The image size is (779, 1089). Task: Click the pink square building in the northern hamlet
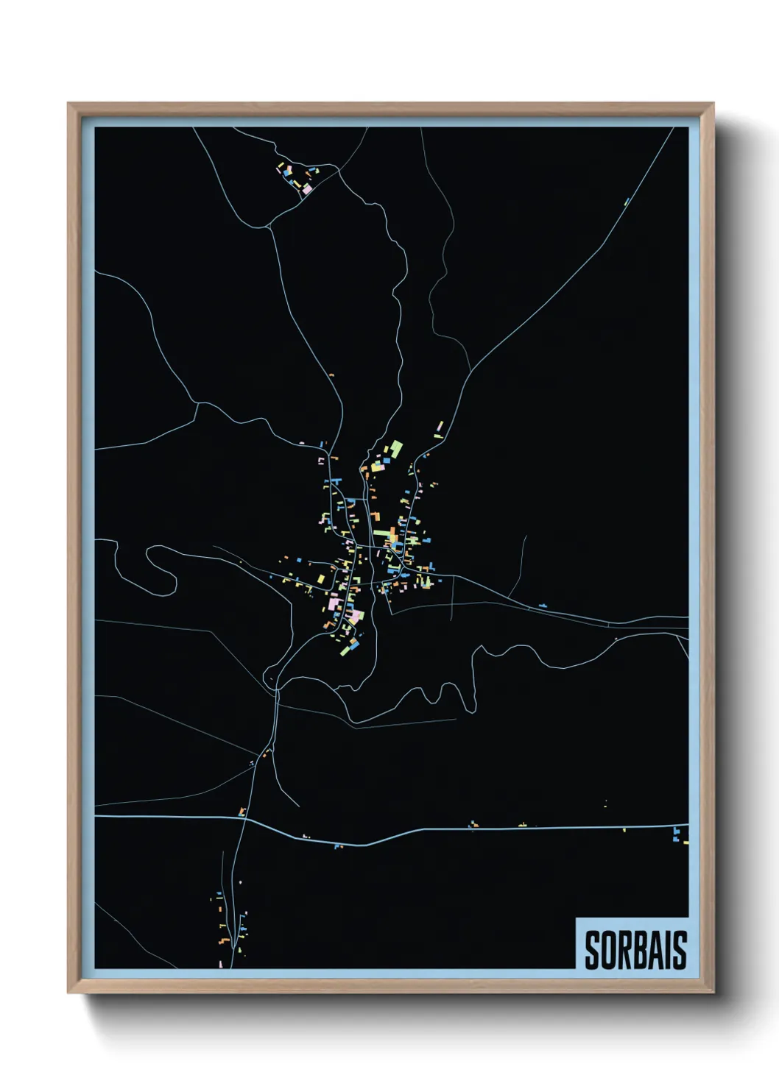point(308,189)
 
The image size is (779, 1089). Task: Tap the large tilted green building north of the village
point(396,448)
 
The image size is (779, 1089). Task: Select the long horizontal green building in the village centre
point(384,533)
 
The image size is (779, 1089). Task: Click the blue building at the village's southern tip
point(354,645)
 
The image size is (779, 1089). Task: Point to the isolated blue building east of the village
point(543,606)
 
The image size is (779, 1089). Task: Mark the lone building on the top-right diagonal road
point(627,201)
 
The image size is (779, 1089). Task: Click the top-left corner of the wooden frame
point(68,104)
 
